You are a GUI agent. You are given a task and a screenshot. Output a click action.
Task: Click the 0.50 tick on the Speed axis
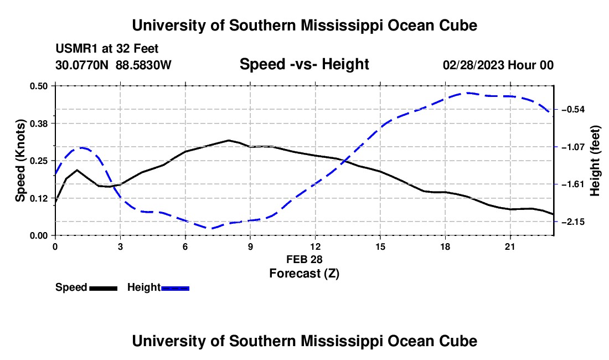pyautogui.click(x=38, y=86)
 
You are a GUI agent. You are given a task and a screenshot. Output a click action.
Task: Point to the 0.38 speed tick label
pyautogui.click(x=38, y=124)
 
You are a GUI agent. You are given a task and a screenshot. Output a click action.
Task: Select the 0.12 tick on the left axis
pyautogui.click(x=38, y=198)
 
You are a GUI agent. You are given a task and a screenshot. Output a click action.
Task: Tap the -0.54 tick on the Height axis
pyautogui.click(x=573, y=110)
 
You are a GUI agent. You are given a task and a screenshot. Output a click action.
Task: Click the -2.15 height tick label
pyautogui.click(x=573, y=222)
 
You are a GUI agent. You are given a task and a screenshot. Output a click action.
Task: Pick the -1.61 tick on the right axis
pyautogui.click(x=573, y=184)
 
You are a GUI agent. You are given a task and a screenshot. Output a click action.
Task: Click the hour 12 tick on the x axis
pyautogui.click(x=316, y=246)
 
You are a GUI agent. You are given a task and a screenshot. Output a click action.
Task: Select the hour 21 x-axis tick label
pyautogui.click(x=510, y=246)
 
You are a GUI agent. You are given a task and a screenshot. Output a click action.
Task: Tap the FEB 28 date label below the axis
pyautogui.click(x=304, y=259)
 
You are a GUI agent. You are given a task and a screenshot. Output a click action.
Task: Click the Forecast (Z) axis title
pyautogui.click(x=304, y=274)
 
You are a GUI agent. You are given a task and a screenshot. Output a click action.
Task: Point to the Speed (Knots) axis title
pyautogui.click(x=20, y=161)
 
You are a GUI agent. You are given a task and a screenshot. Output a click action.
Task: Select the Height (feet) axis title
pyautogui.click(x=595, y=161)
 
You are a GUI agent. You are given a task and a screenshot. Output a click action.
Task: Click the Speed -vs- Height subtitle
pyautogui.click(x=304, y=64)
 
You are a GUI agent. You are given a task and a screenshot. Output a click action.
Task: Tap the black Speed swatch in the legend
pyautogui.click(x=104, y=288)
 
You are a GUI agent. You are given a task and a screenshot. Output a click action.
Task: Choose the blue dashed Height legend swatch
pyautogui.click(x=175, y=288)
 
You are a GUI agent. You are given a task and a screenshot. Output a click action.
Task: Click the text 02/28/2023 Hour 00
pyautogui.click(x=498, y=65)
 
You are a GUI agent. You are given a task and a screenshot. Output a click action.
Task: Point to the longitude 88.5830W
pyautogui.click(x=143, y=65)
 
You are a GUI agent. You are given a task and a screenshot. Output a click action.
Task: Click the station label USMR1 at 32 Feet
pyautogui.click(x=107, y=49)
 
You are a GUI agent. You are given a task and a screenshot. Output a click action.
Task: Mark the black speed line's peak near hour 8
pyautogui.click(x=229, y=140)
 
